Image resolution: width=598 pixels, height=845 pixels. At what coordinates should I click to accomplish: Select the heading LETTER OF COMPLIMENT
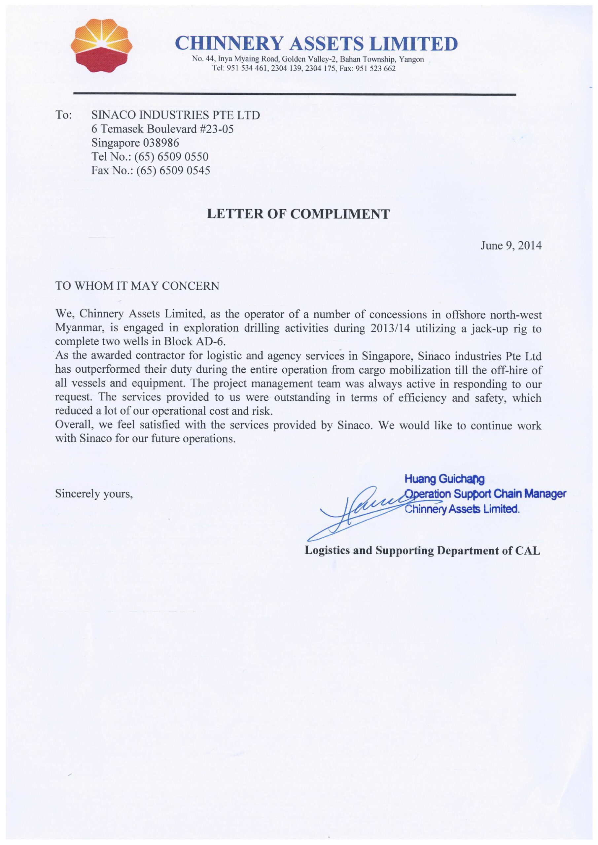pyautogui.click(x=298, y=214)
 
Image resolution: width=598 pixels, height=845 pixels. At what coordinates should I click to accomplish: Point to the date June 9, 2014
pyautogui.click(x=511, y=246)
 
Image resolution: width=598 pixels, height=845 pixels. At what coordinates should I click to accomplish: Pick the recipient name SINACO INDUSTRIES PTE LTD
pyautogui.click(x=176, y=115)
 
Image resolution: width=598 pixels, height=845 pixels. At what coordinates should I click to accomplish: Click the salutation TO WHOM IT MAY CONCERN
pyautogui.click(x=137, y=286)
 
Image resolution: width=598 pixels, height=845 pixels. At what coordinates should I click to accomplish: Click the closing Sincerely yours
pyautogui.click(x=93, y=494)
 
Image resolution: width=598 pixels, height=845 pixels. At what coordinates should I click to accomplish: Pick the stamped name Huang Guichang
pyautogui.click(x=444, y=480)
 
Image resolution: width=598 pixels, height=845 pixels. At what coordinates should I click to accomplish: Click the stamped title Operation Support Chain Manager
pyautogui.click(x=485, y=494)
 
